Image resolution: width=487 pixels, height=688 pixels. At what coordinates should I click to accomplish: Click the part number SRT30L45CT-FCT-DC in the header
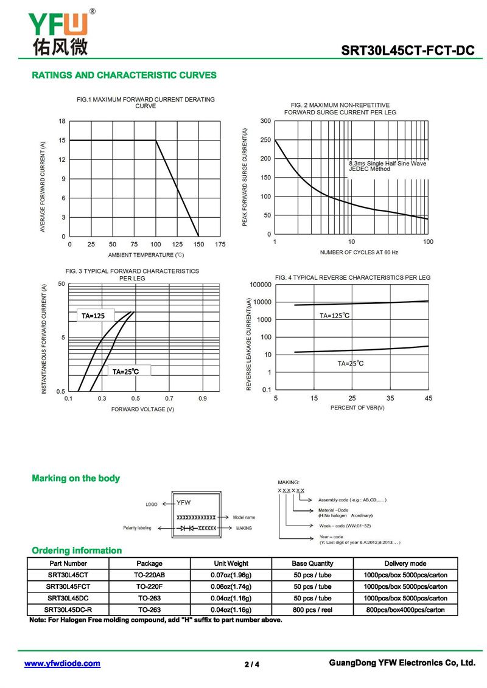[x=407, y=50]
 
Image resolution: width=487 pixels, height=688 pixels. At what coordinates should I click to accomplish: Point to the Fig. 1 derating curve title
[x=145, y=102]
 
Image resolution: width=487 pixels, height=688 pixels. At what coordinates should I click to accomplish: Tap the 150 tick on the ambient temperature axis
[x=198, y=244]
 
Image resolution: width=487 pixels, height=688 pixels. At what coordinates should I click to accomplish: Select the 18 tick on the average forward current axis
[x=62, y=122]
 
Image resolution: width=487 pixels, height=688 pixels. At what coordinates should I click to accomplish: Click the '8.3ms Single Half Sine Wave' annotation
[x=387, y=164]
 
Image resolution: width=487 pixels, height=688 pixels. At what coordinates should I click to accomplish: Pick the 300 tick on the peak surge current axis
[x=265, y=122]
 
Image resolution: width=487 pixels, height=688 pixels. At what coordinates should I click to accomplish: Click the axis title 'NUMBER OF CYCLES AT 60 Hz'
[x=359, y=252]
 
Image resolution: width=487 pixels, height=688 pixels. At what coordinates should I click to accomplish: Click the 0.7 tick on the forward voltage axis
[x=169, y=398]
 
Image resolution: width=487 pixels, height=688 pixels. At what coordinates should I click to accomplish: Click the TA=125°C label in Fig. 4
[x=335, y=316]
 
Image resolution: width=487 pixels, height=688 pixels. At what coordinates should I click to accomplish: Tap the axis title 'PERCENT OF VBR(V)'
[x=357, y=408]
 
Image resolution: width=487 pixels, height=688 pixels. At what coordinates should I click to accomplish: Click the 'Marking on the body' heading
[x=75, y=479]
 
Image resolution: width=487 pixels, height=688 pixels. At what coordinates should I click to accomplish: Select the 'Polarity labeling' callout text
[x=137, y=528]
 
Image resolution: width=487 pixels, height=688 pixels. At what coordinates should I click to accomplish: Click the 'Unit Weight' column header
[x=231, y=563]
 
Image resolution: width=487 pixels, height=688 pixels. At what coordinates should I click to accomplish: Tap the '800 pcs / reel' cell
[x=312, y=610]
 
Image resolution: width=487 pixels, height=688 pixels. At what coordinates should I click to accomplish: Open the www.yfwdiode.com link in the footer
[x=62, y=664]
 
